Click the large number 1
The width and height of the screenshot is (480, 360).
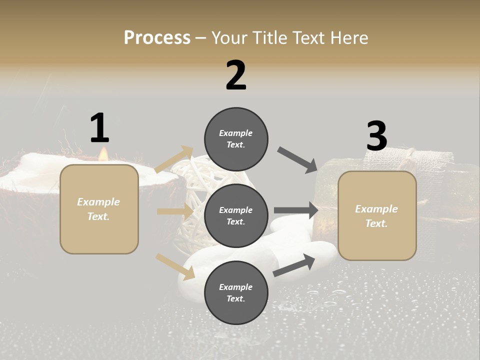pos(99,128)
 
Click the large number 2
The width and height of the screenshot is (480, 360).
pos(236,75)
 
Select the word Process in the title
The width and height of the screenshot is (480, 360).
pos(157,37)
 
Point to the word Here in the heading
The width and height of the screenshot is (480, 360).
pos(348,37)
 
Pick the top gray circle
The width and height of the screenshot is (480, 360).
pos(236,139)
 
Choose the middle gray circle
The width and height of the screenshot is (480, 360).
pos(236,215)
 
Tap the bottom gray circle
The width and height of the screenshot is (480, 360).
pos(236,292)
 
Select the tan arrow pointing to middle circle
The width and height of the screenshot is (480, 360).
pos(175,211)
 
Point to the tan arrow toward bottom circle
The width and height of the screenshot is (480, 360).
pos(175,266)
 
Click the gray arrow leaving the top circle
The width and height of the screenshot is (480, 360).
pos(297,160)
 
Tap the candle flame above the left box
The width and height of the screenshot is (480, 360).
pos(103,154)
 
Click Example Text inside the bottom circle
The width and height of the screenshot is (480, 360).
pos(236,292)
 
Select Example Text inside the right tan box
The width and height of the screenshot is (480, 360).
pos(376,216)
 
